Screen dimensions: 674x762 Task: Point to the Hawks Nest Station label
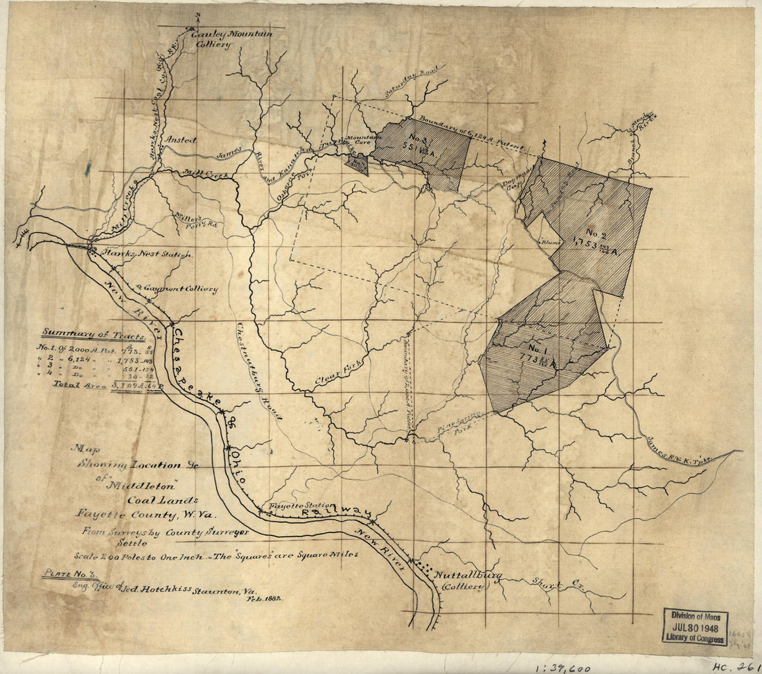coord(145,255)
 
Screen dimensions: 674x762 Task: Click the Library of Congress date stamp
coord(695,626)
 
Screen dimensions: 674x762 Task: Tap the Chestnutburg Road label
coord(258,371)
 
